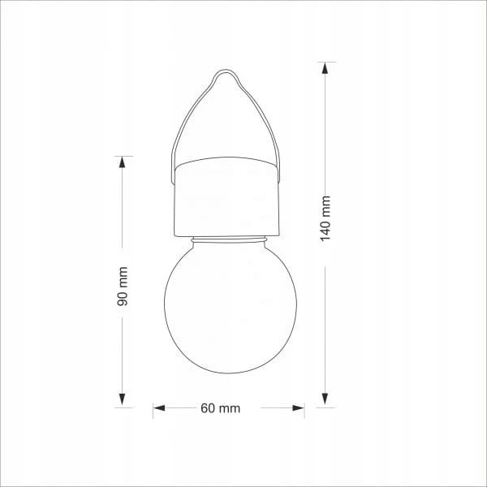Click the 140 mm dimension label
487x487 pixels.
pyautogui.click(x=325, y=218)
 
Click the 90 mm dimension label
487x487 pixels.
pyautogui.click(x=123, y=286)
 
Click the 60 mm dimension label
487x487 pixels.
pyautogui.click(x=221, y=408)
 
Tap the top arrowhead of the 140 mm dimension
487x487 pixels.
pyautogui.click(x=325, y=68)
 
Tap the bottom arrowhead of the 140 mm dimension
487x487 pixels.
pyautogui.click(x=325, y=399)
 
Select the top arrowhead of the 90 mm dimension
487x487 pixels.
pyautogui.click(x=123, y=162)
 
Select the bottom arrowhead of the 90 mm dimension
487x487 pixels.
pyautogui.click(x=123, y=399)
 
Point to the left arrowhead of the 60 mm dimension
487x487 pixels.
pyautogui.click(x=159, y=407)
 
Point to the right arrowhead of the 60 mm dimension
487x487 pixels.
pyautogui.click(x=298, y=407)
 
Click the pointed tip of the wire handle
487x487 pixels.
pyautogui.click(x=226, y=70)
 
